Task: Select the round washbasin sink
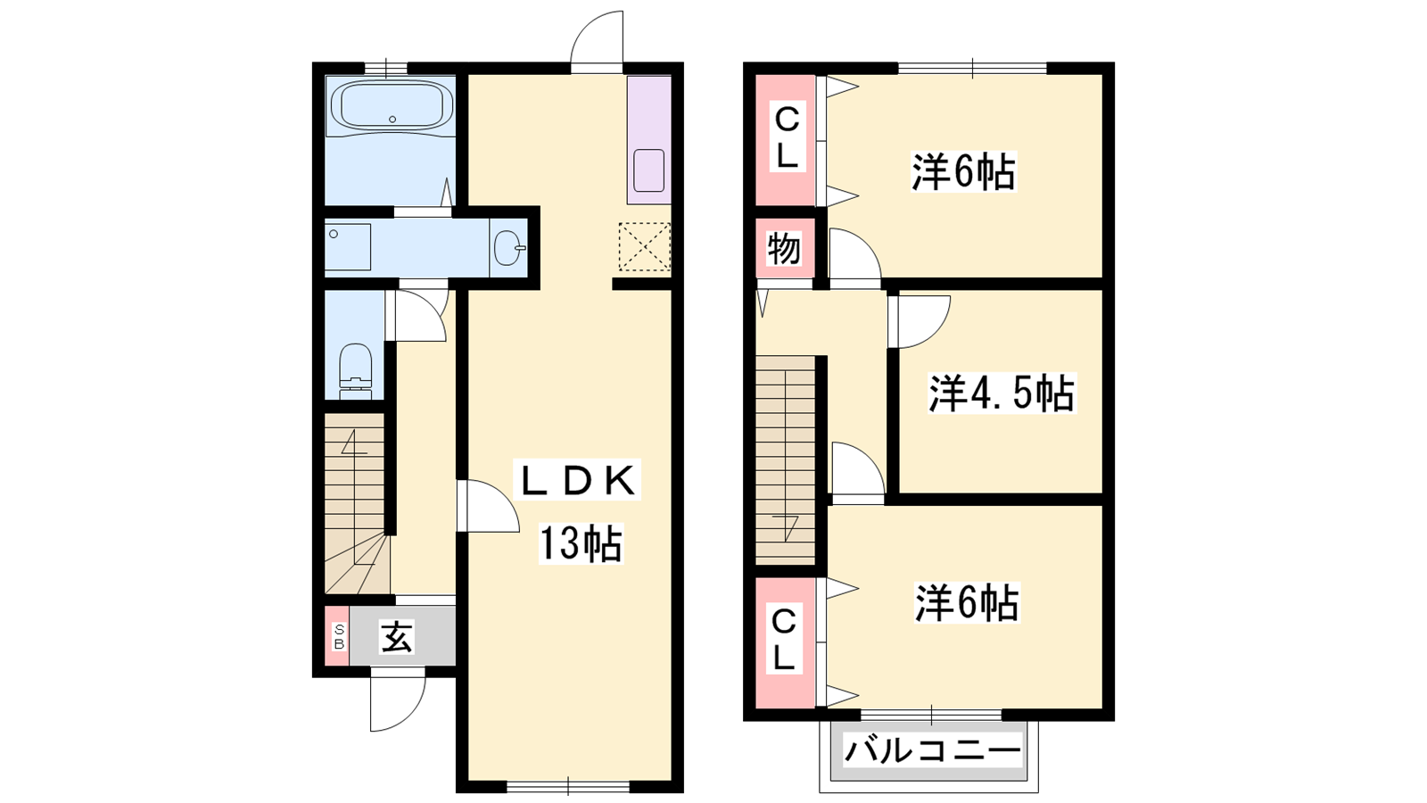509,246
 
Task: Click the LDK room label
577,481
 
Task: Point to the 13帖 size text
581,542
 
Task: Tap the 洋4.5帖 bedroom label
1001,393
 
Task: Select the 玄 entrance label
397,637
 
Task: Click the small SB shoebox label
339,637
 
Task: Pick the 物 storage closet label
784,248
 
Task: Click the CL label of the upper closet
788,137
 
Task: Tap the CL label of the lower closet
784,640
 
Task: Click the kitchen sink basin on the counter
649,170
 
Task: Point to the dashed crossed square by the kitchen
645,246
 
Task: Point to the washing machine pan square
348,246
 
